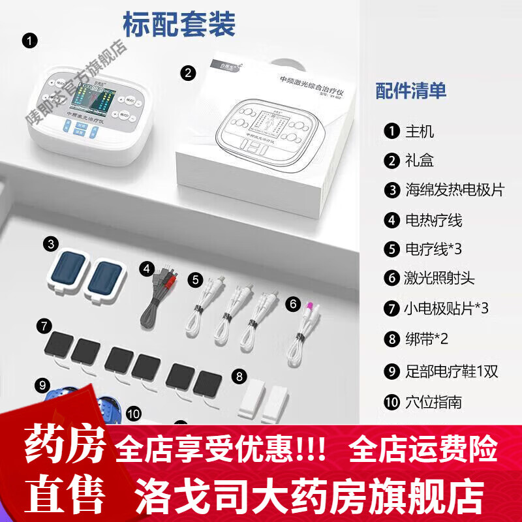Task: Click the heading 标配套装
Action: click(x=179, y=24)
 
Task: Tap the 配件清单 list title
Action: click(x=411, y=91)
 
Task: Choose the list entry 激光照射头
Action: click(x=440, y=278)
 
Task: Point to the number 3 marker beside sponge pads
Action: click(x=51, y=245)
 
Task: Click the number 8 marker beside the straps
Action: click(x=239, y=376)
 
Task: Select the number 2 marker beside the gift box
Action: click(x=189, y=73)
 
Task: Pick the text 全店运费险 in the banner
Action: click(x=423, y=450)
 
